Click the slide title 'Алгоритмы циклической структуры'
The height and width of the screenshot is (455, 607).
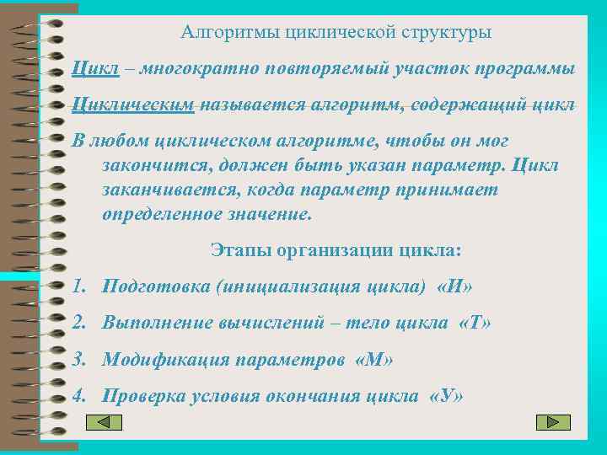click(x=336, y=34)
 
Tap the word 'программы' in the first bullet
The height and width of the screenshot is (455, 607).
click(x=529, y=68)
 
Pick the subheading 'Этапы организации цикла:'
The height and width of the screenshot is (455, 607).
click(x=335, y=250)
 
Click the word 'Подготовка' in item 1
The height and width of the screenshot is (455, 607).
click(x=156, y=286)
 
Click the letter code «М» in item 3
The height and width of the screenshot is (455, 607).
click(x=375, y=361)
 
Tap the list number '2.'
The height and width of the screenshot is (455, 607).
click(x=80, y=324)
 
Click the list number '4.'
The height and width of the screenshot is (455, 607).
click(x=80, y=397)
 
